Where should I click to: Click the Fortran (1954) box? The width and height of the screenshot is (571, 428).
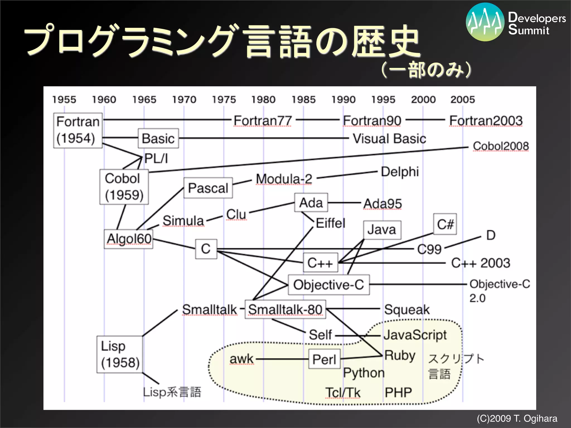coord(78,130)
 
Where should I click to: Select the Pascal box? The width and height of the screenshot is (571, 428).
coord(208,188)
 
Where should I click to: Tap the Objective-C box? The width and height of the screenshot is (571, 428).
coord(329,285)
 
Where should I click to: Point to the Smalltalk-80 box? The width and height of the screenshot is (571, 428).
coord(285,309)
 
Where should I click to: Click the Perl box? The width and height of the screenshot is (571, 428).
coord(324,359)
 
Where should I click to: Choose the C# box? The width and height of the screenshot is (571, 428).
coord(445,224)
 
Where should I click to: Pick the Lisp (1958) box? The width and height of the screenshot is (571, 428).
coord(120,354)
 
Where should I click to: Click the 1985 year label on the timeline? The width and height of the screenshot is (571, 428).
coord(303,99)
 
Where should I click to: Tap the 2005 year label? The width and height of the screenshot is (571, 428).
coord(463,99)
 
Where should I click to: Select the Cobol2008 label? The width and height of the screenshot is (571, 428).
coord(501,146)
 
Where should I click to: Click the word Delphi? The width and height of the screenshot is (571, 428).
coord(400,172)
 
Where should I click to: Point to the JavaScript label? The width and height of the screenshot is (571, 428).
coord(415,335)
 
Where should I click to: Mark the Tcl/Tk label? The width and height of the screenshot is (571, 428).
coord(343,393)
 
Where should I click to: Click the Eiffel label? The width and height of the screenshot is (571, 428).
coord(330,223)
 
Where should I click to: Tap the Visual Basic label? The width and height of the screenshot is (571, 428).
coord(389,138)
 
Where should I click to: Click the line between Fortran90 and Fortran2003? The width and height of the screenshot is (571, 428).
coord(425,120)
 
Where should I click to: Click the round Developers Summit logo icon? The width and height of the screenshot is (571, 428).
coord(485,22)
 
